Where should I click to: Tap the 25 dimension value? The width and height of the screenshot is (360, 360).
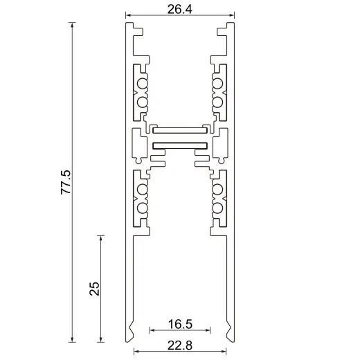point(96,288)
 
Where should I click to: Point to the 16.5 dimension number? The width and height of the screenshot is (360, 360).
point(180,323)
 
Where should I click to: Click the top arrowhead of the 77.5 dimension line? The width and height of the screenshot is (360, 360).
point(73,26)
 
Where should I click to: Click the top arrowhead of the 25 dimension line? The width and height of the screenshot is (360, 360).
point(101,238)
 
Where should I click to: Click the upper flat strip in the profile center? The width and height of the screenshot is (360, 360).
point(180,128)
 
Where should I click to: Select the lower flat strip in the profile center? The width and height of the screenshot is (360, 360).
point(180,145)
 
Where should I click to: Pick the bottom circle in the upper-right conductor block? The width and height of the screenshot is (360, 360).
point(217,102)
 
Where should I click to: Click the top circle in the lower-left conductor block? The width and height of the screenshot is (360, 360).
point(143,189)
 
